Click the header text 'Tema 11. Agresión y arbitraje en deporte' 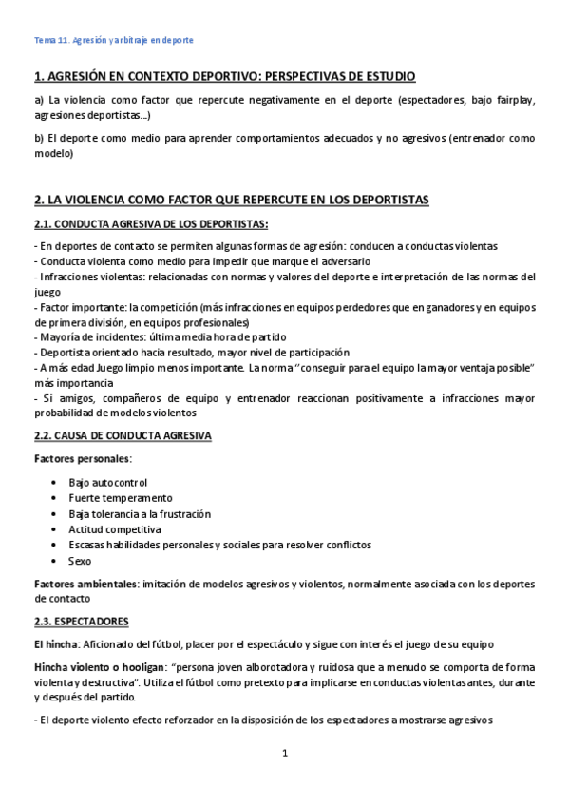tap(113, 41)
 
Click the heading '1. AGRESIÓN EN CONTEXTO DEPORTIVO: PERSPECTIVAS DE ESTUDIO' tap(225, 76)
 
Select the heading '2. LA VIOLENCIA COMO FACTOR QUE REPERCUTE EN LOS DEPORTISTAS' tap(231, 200)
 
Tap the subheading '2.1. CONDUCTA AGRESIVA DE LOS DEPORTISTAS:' tap(150, 224)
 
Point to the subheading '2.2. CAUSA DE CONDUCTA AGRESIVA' tap(123, 435)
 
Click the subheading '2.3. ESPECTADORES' tap(81, 622)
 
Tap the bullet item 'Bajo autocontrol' tap(107, 483)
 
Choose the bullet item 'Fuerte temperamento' tap(120, 498)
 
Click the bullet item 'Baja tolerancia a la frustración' tap(140, 514)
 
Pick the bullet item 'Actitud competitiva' tap(115, 529)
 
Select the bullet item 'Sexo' tap(80, 561)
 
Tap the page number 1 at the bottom tap(284, 755)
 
